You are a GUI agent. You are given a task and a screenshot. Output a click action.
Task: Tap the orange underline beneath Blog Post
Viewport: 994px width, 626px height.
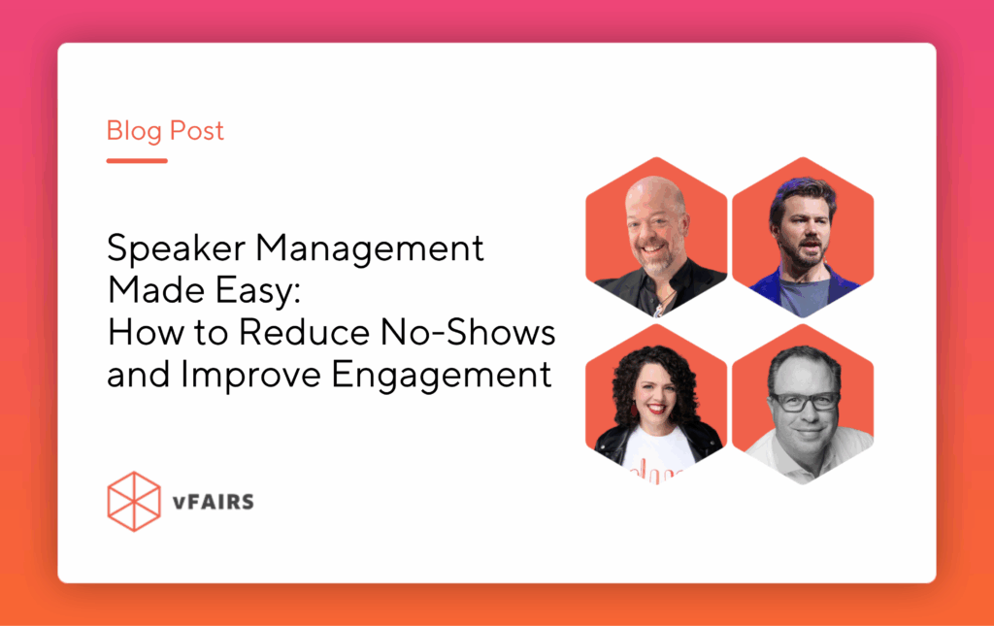[x=137, y=160]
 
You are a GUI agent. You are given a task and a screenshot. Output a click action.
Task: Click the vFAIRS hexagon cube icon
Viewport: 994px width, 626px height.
[x=133, y=502]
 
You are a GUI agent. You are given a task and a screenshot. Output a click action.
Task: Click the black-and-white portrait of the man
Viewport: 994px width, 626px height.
[x=803, y=403]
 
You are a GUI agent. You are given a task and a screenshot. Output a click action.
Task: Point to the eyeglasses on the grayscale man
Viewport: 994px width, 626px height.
[x=803, y=401]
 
